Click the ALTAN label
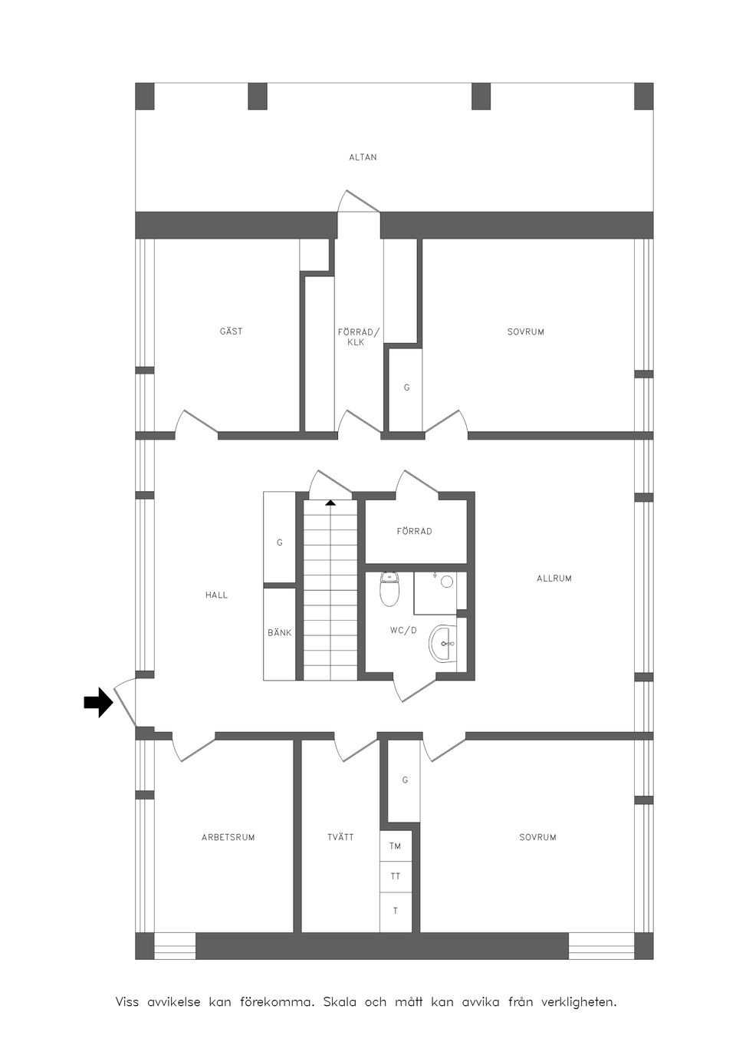pyautogui.click(x=363, y=157)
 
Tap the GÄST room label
pyautogui.click(x=231, y=331)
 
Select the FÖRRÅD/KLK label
pyautogui.click(x=358, y=337)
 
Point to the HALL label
pyautogui.click(x=216, y=595)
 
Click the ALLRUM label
pyautogui.click(x=554, y=579)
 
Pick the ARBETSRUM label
pyautogui.click(x=228, y=837)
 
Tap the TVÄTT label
pyautogui.click(x=340, y=837)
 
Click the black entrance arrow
pyautogui.click(x=97, y=702)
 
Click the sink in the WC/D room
pyautogui.click(x=444, y=643)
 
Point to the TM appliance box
pyautogui.click(x=396, y=846)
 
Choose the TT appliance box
pyautogui.click(x=396, y=875)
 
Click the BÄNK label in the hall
pyautogui.click(x=279, y=633)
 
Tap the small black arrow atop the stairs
pyautogui.click(x=330, y=503)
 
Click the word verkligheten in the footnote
pyautogui.click(x=578, y=1002)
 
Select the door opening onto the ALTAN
pyautogui.click(x=358, y=201)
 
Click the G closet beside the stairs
pyautogui.click(x=279, y=542)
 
